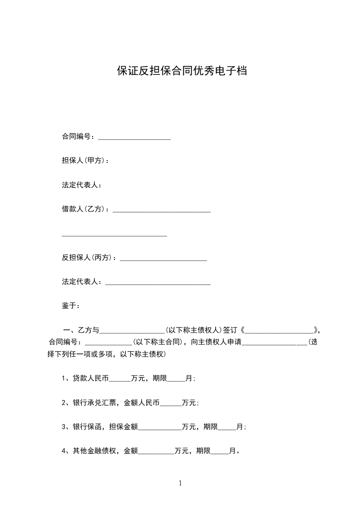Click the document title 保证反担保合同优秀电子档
point(182,71)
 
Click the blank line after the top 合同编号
point(134,137)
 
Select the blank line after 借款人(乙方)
point(161,210)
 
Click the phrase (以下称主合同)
point(158,342)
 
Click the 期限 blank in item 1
point(176,379)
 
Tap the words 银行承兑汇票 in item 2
point(94,402)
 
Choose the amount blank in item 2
point(171,403)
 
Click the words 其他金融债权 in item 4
point(94,451)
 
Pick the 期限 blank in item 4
point(220,452)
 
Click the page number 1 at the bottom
point(180,484)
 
